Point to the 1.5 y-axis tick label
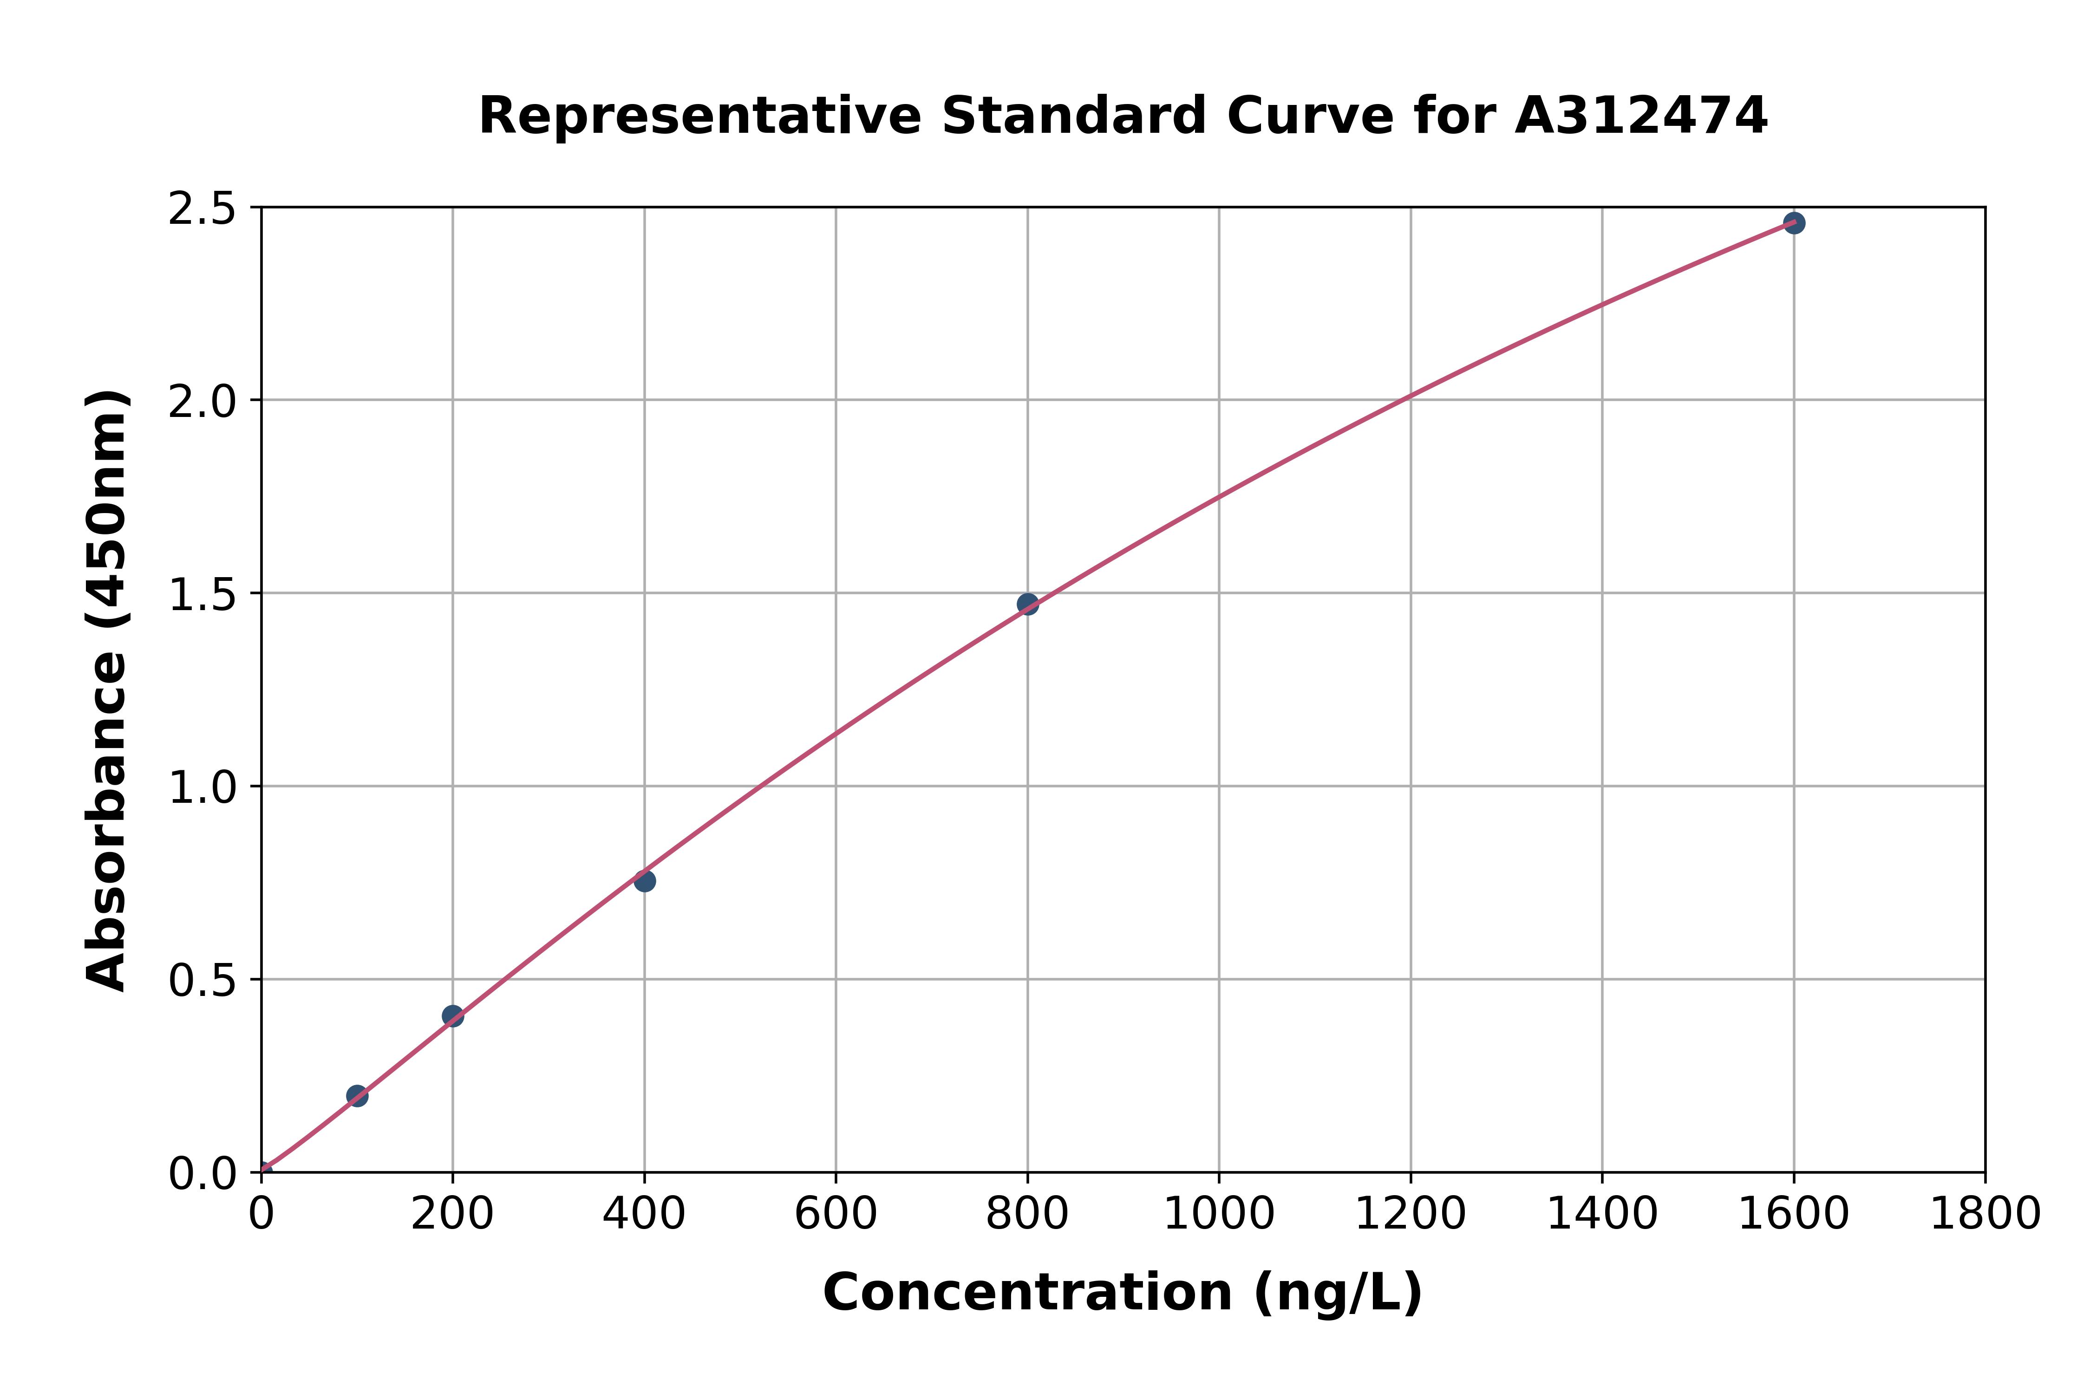[x=202, y=594]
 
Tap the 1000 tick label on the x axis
[x=1218, y=1215]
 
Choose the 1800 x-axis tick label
[x=1985, y=1215]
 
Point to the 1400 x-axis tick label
[x=1602, y=1215]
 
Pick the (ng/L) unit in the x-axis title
[x=1337, y=1293]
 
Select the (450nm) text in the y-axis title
[x=107, y=519]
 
